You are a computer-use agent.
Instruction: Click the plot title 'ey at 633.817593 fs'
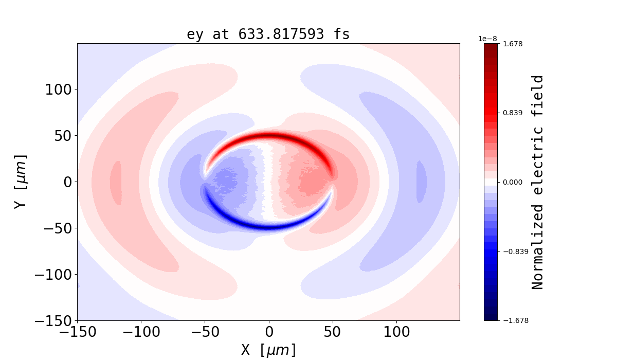[268, 34]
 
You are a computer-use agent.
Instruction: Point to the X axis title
[268, 350]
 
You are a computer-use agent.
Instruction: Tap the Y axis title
[20, 182]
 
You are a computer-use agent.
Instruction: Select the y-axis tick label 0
[66, 182]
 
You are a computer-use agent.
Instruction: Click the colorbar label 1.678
[512, 44]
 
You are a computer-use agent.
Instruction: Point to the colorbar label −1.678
[514, 320]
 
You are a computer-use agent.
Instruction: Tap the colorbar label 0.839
[512, 113]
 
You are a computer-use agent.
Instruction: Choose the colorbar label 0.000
[512, 182]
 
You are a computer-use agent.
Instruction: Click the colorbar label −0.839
[514, 251]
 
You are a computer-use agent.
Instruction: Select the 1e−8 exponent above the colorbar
[487, 39]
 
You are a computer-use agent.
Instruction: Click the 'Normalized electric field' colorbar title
[538, 182]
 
